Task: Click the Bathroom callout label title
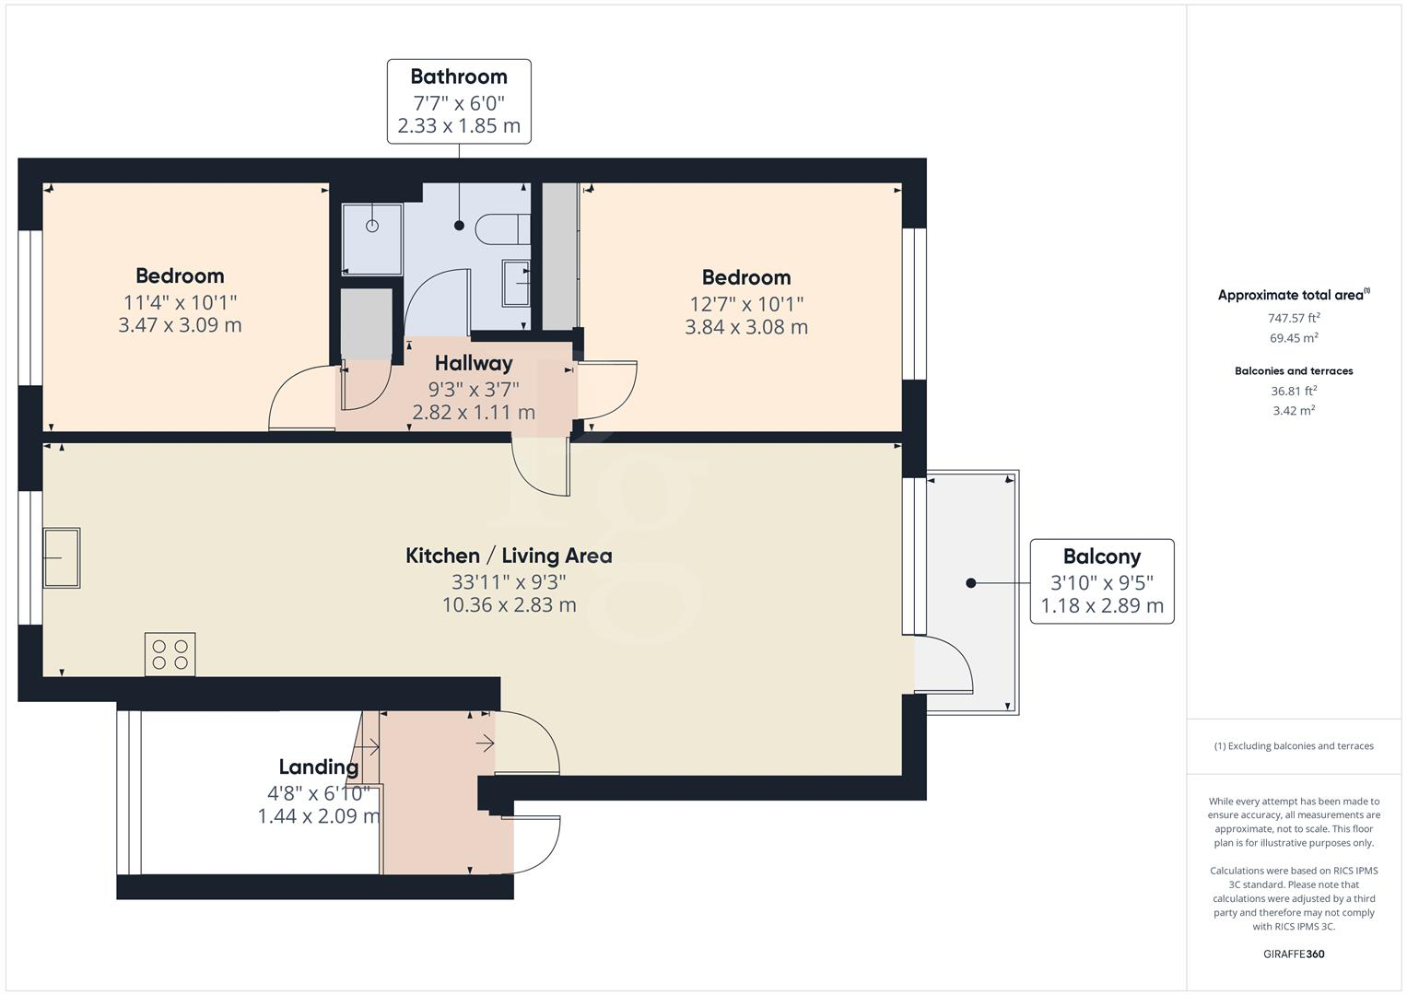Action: (x=459, y=76)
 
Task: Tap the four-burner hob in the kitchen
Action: (x=170, y=654)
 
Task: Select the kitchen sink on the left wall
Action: (x=62, y=557)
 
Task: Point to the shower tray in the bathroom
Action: (x=372, y=239)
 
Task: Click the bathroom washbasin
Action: (x=516, y=282)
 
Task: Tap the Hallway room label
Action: (x=474, y=363)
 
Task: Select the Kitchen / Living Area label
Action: (x=509, y=556)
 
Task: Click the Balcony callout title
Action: (x=1102, y=556)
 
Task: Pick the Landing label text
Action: (x=319, y=767)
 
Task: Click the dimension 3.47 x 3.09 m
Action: (x=180, y=324)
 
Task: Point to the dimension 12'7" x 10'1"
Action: (x=746, y=303)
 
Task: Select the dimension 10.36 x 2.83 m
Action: (x=509, y=604)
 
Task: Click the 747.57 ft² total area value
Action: (x=1294, y=318)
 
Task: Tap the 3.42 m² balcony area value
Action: (x=1294, y=411)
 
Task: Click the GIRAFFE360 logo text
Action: (x=1294, y=954)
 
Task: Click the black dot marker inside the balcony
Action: (x=970, y=582)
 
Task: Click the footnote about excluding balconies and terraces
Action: (x=1294, y=746)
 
